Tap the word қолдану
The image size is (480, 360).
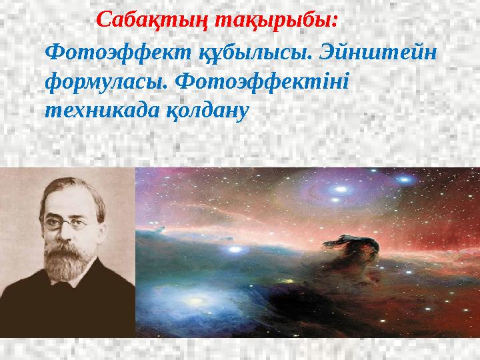coord(206,109)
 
